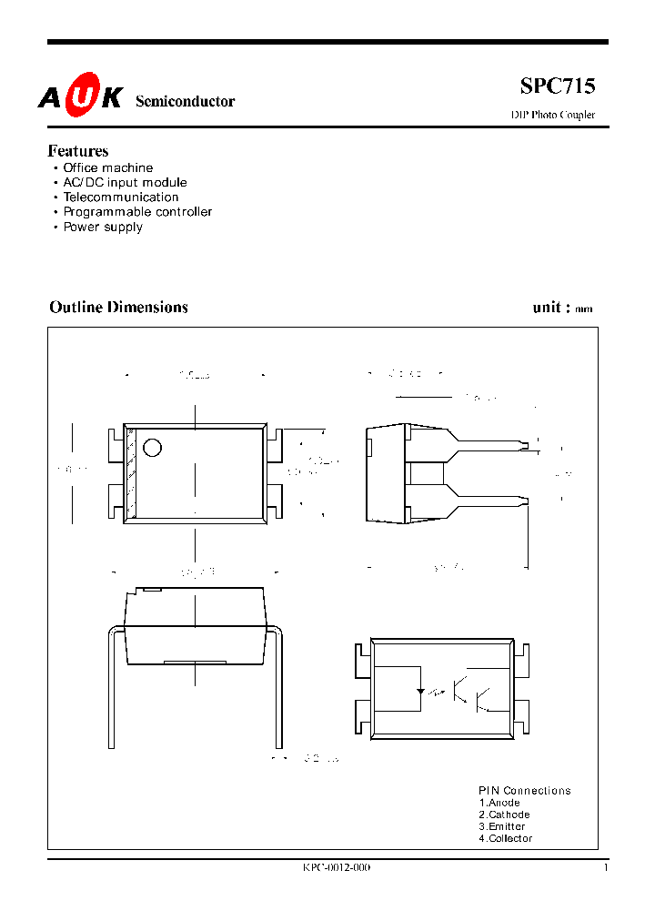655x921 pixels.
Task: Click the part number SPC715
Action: click(558, 86)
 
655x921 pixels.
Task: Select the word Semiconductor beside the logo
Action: click(185, 102)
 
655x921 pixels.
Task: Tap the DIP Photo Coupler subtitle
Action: click(552, 115)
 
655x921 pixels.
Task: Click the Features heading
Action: click(78, 151)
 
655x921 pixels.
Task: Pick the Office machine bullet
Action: click(107, 168)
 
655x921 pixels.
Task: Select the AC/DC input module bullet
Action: click(125, 183)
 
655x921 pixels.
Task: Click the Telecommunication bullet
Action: click(120, 197)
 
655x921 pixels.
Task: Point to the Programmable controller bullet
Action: click(137, 212)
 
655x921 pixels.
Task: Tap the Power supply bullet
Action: click(103, 227)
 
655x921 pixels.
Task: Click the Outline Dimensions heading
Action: click(118, 308)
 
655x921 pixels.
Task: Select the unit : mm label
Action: click(562, 308)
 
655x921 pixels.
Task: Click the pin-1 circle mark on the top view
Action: click(153, 448)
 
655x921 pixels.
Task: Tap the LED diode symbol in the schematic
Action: click(420, 692)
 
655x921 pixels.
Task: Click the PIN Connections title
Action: click(525, 791)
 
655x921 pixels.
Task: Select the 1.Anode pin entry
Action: click(499, 803)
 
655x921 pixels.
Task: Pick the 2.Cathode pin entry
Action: click(504, 815)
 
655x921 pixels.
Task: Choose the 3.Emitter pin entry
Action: click(502, 826)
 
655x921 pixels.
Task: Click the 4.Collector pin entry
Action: click(506, 838)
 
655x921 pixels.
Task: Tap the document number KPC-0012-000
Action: click(337, 867)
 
